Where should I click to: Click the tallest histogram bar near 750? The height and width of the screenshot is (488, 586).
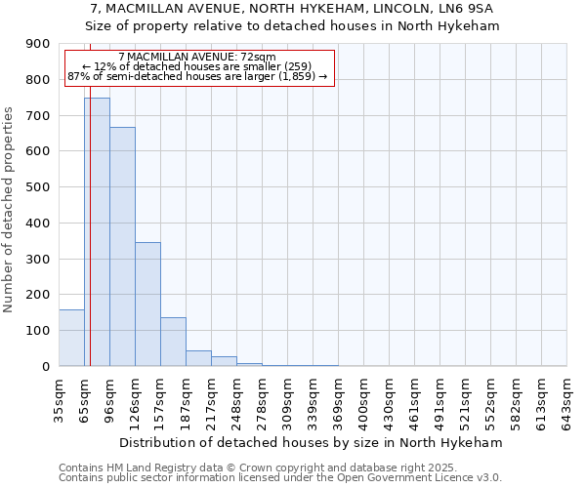pos(97,232)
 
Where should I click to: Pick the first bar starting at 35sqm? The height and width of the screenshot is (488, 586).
pos(71,338)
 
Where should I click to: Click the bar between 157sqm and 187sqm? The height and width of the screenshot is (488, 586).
pos(173,342)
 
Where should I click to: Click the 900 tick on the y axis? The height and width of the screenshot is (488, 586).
pos(37,44)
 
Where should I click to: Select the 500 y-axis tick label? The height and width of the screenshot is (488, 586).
pos(37,187)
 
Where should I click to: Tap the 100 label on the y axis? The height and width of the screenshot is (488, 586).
pos(37,331)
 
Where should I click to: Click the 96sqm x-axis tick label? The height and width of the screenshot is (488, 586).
pos(109,398)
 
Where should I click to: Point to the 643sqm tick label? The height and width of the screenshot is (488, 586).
pos(566,398)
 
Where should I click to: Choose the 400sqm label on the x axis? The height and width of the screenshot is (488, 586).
pos(363,398)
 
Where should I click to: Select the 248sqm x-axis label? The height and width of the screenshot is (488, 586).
pos(236,398)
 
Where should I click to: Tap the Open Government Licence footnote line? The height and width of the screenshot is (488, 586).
pos(280,478)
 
